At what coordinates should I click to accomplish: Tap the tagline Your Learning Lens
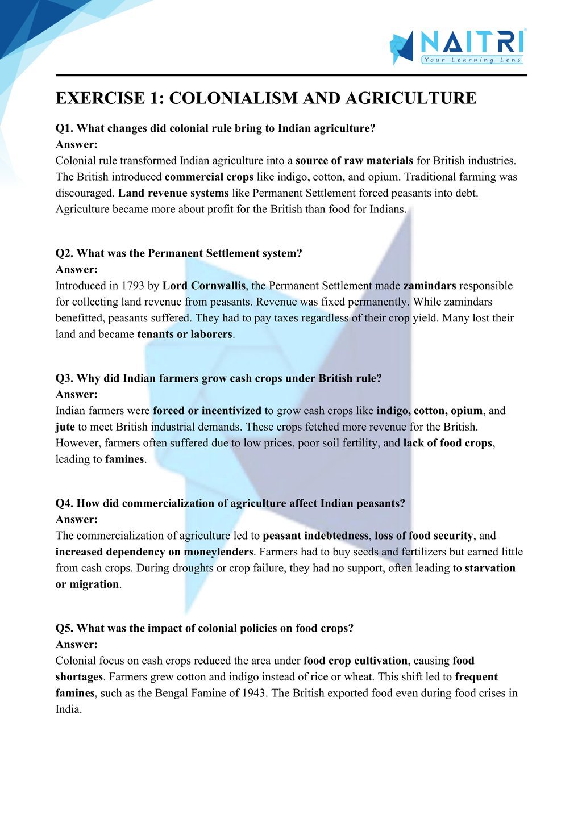pyautogui.click(x=471, y=60)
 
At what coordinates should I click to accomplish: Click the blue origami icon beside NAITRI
pyautogui.click(x=402, y=47)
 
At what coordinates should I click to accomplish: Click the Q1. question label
pyautogui.click(x=64, y=128)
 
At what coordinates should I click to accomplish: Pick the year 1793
pyautogui.click(x=132, y=286)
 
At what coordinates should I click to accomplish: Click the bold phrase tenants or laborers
pyautogui.click(x=185, y=335)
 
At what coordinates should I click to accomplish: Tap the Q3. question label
pyautogui.click(x=64, y=378)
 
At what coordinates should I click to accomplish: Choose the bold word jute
pyautogui.click(x=65, y=427)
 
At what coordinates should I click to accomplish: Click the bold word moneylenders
pyautogui.click(x=218, y=552)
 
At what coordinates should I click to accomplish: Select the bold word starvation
pyautogui.click(x=490, y=568)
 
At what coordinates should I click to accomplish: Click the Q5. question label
pyautogui.click(x=64, y=628)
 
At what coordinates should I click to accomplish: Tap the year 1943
pyautogui.click(x=254, y=694)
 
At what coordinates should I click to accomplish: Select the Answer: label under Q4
pyautogui.click(x=77, y=520)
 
